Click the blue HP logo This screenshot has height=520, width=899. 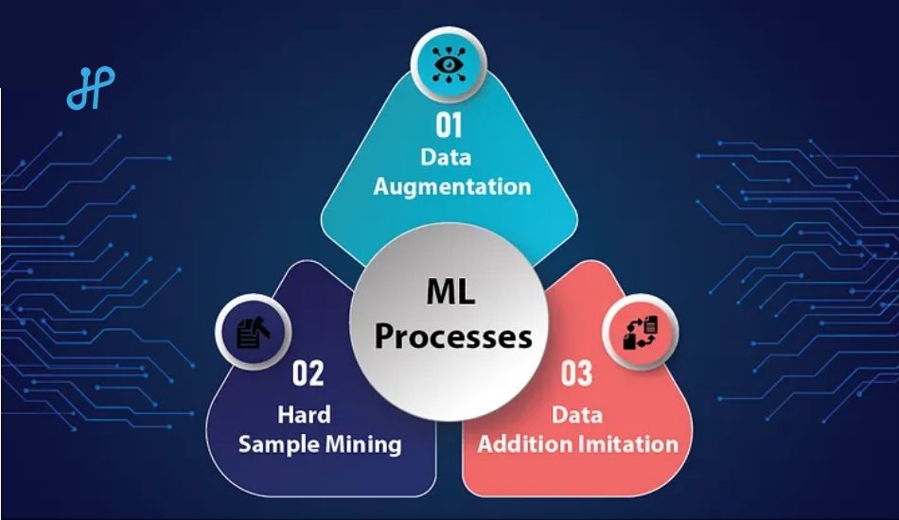coord(91,88)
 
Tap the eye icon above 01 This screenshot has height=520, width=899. coord(449,63)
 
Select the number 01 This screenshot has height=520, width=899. coord(449,125)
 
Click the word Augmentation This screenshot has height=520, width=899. coord(451,187)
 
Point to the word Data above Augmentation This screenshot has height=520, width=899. coord(446,156)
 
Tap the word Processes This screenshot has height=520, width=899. coord(453,337)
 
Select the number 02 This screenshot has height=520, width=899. coord(308,373)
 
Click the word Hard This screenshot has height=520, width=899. coord(304,414)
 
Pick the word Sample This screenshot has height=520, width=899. coord(278,444)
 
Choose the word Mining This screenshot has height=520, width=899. coord(363,444)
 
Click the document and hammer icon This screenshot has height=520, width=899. coord(253,332)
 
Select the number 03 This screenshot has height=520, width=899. coord(576,373)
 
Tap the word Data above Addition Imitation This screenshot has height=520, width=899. coord(577,414)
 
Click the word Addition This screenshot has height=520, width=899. coord(525,444)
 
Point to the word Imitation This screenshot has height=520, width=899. coord(628,444)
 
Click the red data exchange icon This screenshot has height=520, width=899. coord(641,332)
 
